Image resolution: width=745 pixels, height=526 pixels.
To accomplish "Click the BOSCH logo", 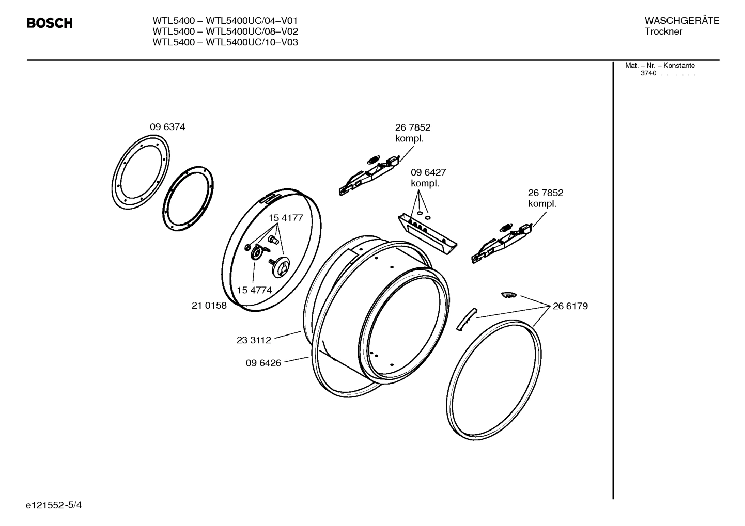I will pyautogui.click(x=50, y=23).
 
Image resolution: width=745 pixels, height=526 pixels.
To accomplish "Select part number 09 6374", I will pyautogui.click(x=167, y=127).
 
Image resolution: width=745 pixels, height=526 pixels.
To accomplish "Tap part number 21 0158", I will pyautogui.click(x=209, y=306).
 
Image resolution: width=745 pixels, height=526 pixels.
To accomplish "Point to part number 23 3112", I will pyautogui.click(x=254, y=340).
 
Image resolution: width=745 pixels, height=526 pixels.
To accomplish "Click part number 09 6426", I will pyautogui.click(x=263, y=363).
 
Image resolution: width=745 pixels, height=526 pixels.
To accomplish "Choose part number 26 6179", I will pyautogui.click(x=570, y=306).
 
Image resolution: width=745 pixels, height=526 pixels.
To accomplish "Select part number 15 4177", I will pyautogui.click(x=285, y=218).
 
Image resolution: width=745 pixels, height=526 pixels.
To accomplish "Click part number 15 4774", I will pyautogui.click(x=254, y=290).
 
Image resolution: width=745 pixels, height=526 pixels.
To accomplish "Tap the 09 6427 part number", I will pyautogui.click(x=428, y=172).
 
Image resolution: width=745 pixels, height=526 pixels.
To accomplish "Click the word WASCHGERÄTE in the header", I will pyautogui.click(x=681, y=21).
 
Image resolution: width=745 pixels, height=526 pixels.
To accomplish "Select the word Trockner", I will pyautogui.click(x=663, y=31).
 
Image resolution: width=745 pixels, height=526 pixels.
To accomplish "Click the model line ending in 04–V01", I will pyautogui.click(x=225, y=21).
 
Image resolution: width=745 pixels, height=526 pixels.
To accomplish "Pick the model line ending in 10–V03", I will pyautogui.click(x=225, y=42).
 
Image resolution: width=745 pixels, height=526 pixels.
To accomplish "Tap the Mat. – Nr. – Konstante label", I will pyautogui.click(x=660, y=66).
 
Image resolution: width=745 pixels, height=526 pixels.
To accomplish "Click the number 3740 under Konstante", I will pyautogui.click(x=648, y=73).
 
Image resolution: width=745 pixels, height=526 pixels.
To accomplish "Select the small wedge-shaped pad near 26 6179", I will pyautogui.click(x=508, y=294).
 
